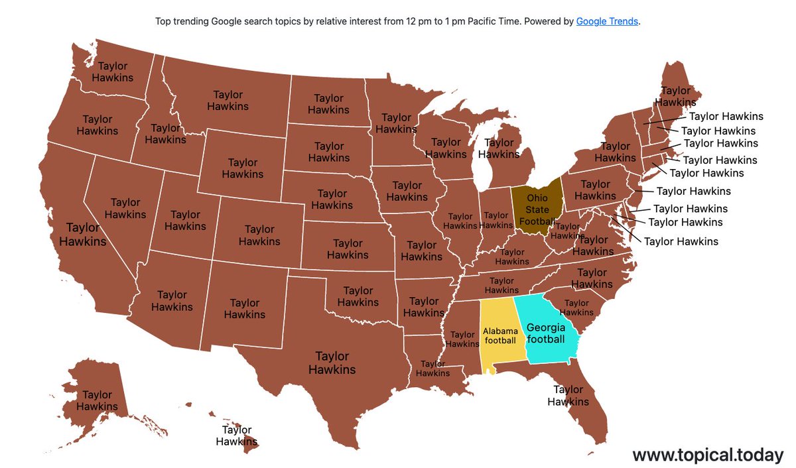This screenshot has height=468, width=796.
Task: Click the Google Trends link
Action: pos(607,21)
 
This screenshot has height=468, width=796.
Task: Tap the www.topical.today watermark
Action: pos(707,455)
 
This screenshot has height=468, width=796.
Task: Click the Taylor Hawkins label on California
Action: pos(82,235)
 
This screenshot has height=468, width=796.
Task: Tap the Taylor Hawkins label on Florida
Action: pos(568,396)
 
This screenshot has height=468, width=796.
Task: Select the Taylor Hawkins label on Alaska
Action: pos(97,401)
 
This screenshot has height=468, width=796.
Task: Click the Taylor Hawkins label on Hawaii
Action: pos(237,436)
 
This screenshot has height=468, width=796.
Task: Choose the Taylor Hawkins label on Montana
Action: pos(228,100)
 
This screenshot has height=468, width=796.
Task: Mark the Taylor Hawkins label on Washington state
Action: pos(113,72)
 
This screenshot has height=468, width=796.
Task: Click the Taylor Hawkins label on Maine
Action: pos(676,97)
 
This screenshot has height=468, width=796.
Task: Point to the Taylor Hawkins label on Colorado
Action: pos(259,235)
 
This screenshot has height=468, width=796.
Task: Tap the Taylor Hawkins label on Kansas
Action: pos(348,249)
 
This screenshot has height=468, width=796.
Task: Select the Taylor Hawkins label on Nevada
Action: pos(125,208)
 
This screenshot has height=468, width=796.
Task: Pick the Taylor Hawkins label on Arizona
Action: pos(172,301)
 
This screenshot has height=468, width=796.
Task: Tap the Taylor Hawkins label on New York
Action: pos(615,152)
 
